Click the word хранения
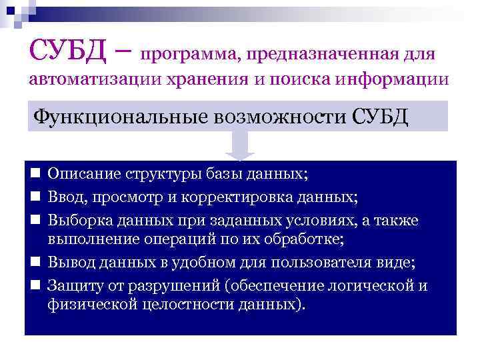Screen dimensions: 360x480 [209, 81]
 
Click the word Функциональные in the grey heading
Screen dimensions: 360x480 [121, 117]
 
